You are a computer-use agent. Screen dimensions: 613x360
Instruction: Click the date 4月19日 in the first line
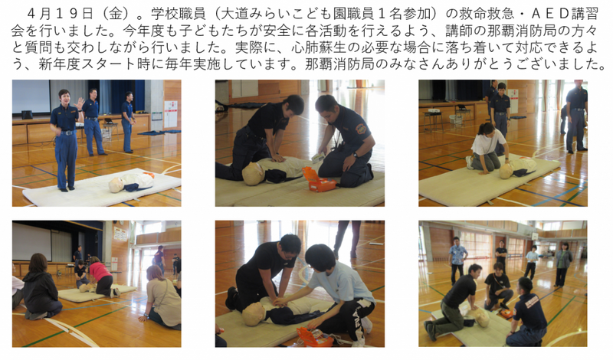60,14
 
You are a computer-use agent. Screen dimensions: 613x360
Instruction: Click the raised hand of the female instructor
80,103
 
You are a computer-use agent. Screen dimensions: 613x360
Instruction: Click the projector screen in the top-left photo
31,97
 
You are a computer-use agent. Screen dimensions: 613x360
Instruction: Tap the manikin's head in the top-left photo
116,185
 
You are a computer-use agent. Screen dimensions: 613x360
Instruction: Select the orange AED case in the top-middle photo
318,179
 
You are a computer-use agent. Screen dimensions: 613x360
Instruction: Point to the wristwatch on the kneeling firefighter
355,155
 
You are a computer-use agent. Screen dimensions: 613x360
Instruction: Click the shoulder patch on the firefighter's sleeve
361,129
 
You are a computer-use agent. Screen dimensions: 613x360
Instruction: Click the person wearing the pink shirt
101,277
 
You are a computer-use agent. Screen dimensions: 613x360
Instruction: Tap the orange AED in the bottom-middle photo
314,336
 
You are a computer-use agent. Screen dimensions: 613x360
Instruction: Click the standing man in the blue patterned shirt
457,260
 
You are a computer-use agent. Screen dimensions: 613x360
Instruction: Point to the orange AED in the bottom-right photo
506,313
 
